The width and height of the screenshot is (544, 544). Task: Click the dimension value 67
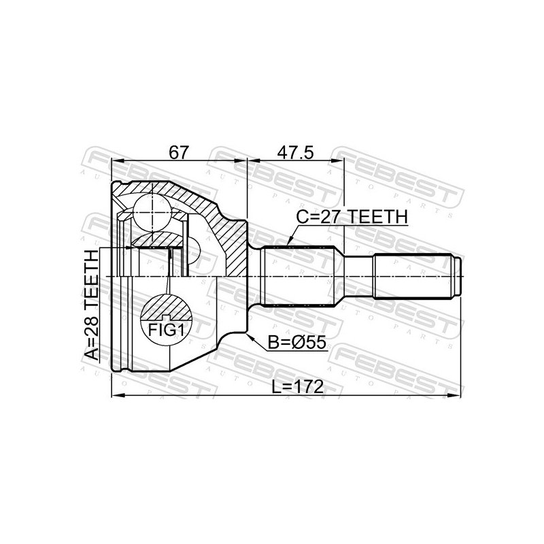click(x=179, y=152)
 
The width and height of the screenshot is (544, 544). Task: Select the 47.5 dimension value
click(x=296, y=152)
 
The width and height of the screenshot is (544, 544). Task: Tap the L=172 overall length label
click(x=298, y=386)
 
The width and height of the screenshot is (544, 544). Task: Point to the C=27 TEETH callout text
click(x=352, y=217)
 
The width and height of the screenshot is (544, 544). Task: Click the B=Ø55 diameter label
click(x=297, y=343)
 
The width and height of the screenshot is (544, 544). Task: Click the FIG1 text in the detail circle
click(x=165, y=330)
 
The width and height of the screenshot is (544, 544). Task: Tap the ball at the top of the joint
click(x=152, y=213)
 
